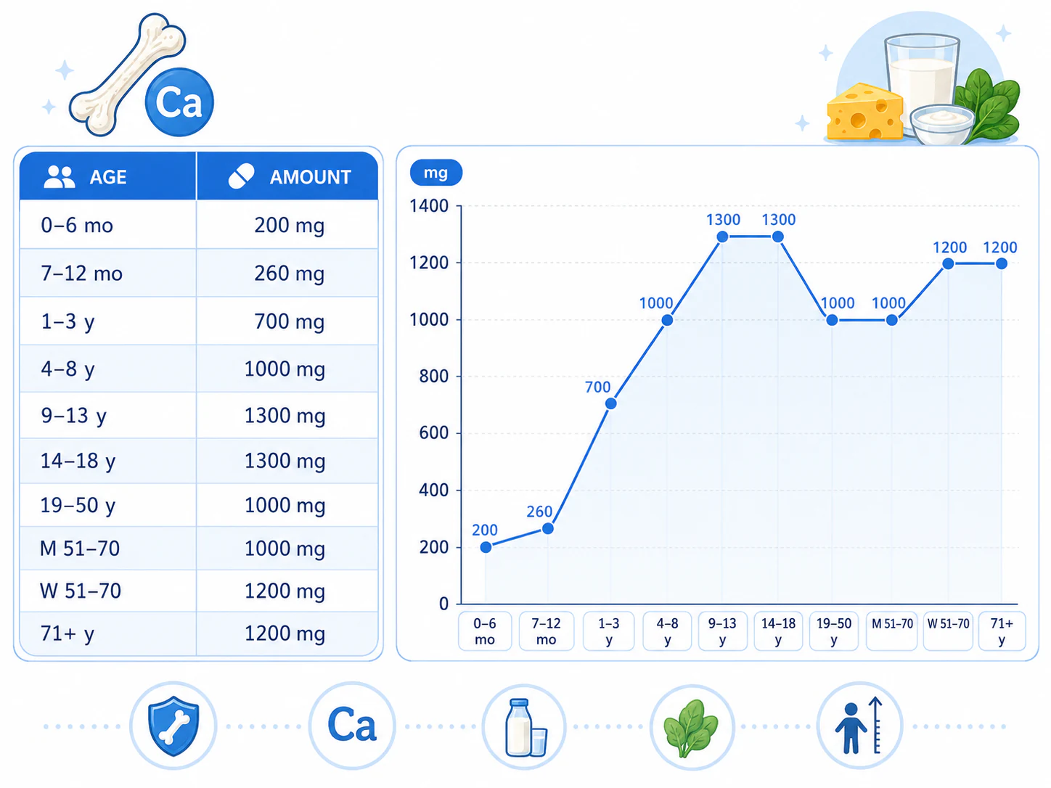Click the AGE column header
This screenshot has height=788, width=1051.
[x=107, y=177]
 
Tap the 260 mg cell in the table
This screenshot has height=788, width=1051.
[x=289, y=274]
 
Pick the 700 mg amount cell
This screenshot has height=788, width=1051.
[x=289, y=321]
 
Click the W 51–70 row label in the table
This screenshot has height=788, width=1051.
[x=81, y=591]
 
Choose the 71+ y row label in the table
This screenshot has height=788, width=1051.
[x=68, y=633]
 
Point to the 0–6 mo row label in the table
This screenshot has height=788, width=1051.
[x=77, y=226]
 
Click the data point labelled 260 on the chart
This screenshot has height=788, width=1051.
[x=548, y=529]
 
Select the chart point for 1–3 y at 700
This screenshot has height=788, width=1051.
[x=610, y=404]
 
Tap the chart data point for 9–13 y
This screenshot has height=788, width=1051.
[x=722, y=237]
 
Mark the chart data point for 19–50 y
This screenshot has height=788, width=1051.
[x=833, y=320]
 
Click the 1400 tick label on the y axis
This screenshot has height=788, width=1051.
[x=428, y=206]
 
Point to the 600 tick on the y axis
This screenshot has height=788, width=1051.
[x=433, y=433]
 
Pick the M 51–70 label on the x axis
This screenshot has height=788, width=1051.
[x=891, y=624]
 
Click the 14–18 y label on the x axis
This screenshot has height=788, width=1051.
[x=778, y=631]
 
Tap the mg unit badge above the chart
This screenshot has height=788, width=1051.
[x=435, y=173]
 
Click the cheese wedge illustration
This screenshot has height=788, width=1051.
[x=864, y=112]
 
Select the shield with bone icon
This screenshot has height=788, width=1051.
[x=173, y=726]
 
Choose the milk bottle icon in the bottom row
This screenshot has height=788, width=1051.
[x=520, y=727]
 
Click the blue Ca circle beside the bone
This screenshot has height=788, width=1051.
[x=179, y=102]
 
